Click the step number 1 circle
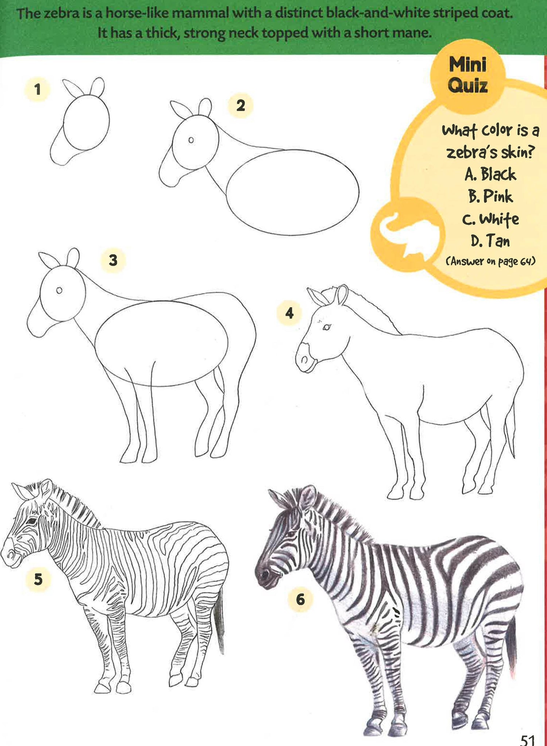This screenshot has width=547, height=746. [37, 89]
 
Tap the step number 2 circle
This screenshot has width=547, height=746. [240, 106]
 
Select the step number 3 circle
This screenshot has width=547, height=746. [113, 260]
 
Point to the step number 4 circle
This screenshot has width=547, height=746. [290, 313]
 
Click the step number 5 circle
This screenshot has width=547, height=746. [38, 579]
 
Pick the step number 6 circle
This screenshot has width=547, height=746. [300, 599]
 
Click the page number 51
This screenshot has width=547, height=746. [527, 739]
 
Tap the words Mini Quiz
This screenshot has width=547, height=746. [468, 75]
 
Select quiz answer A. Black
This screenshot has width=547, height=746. [490, 174]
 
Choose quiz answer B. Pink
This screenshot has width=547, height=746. [490, 196]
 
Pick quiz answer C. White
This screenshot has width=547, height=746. [490, 219]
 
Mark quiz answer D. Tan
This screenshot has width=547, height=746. [490, 241]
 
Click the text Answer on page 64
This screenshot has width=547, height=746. [490, 261]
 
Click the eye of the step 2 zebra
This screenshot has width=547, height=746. [191, 140]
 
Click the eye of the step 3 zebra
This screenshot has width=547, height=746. [59, 290]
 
